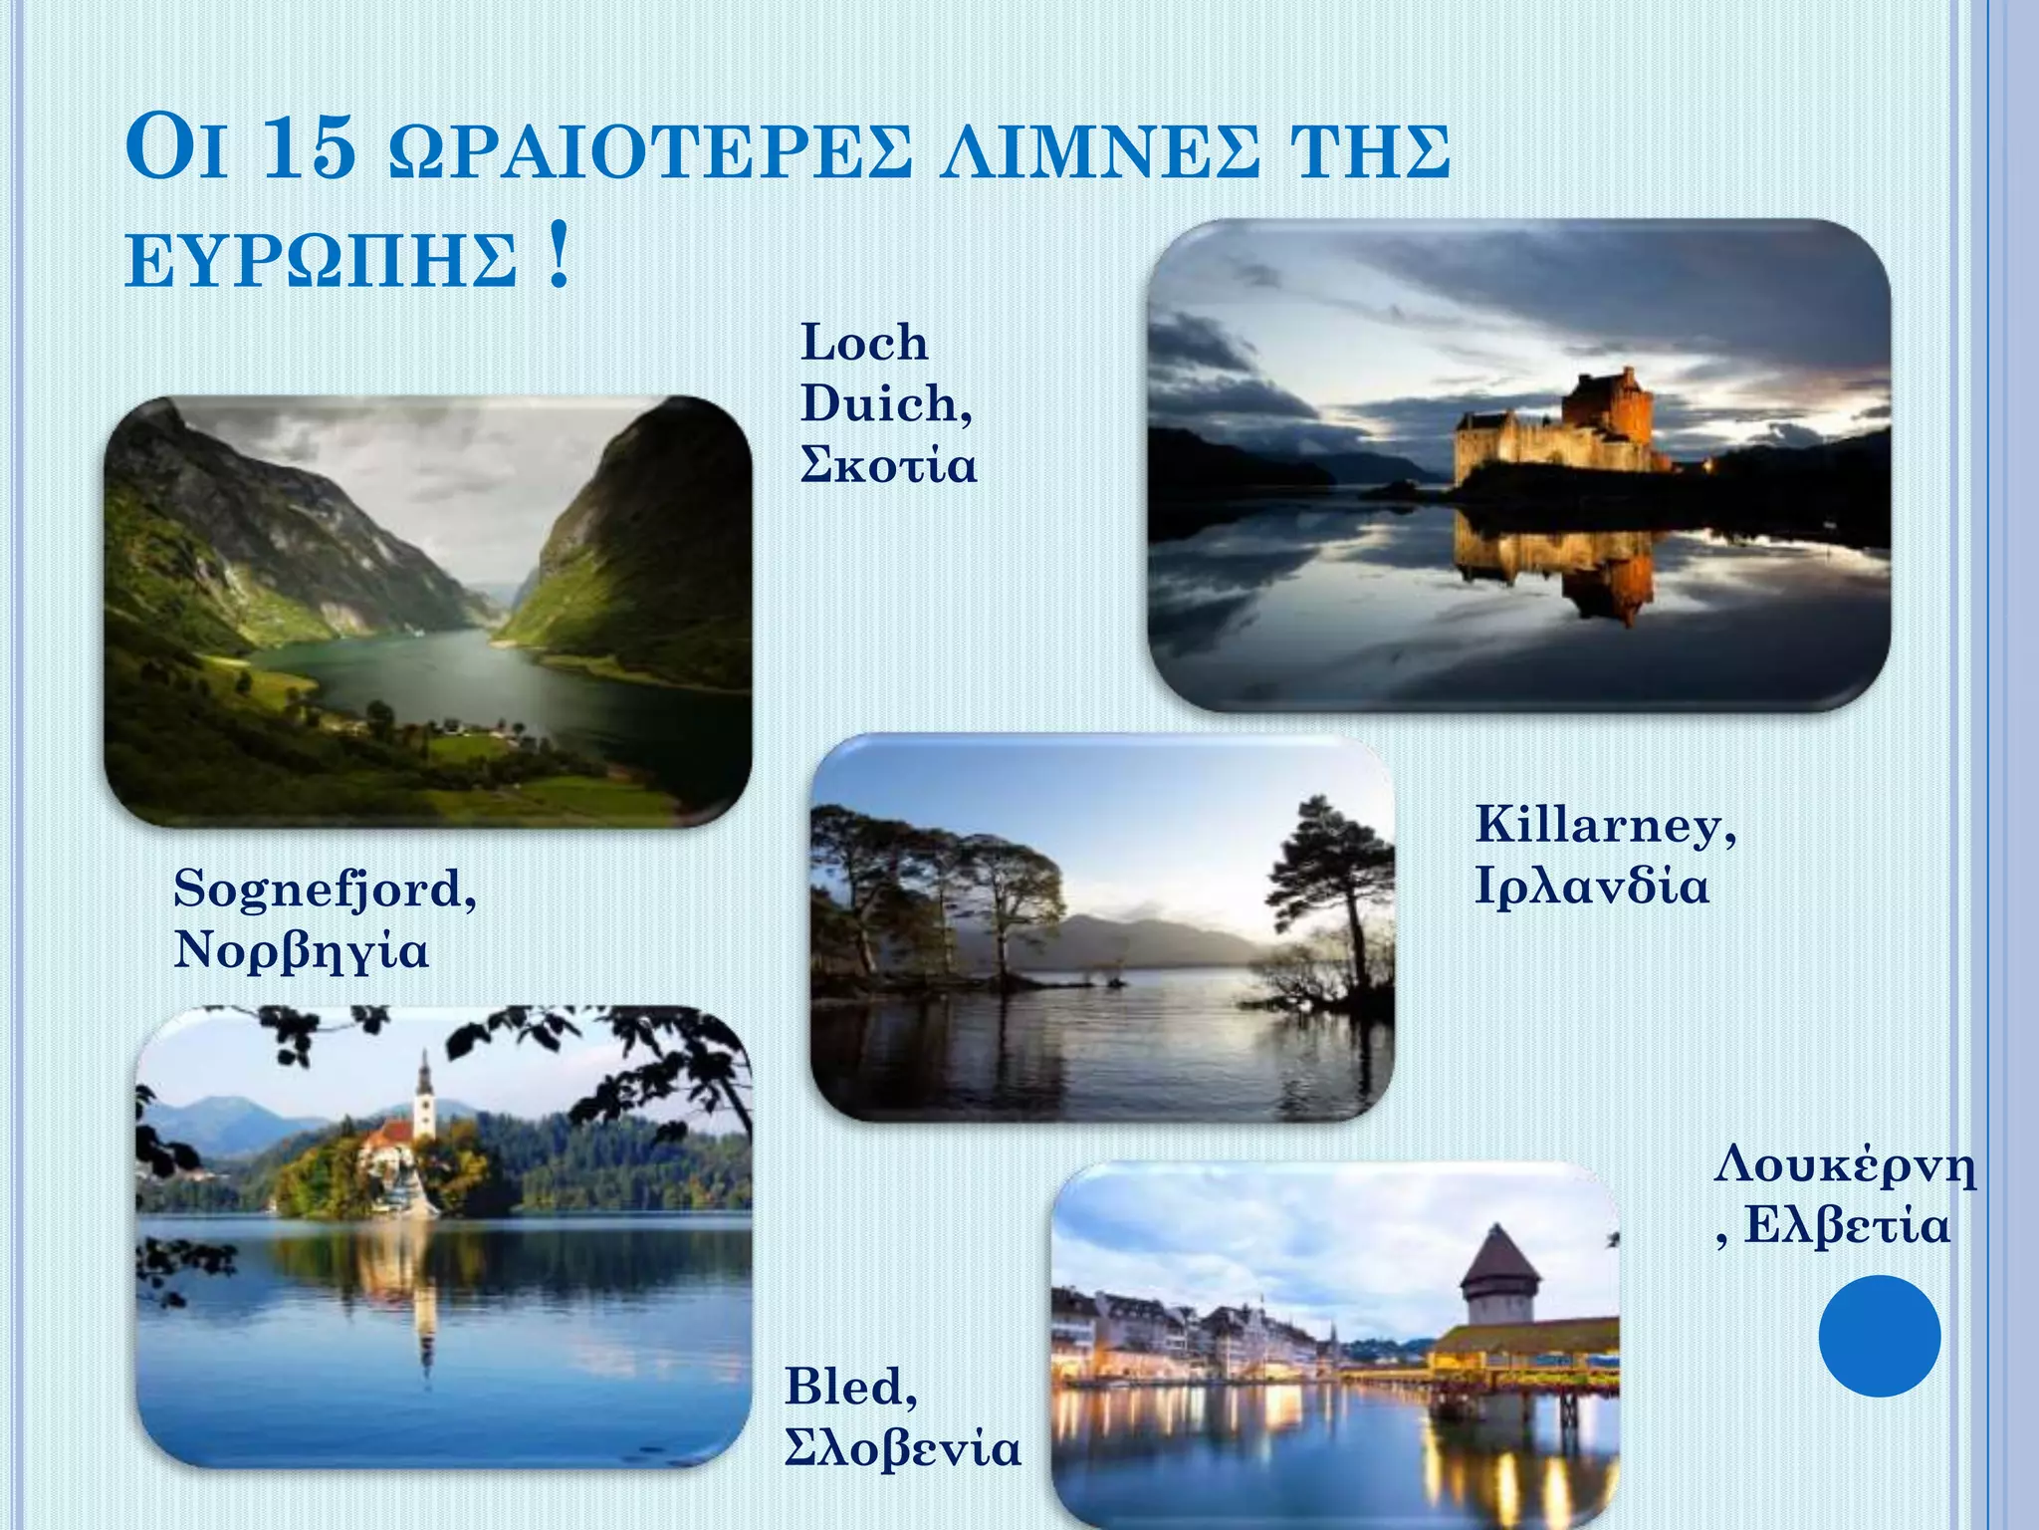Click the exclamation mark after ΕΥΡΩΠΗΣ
coord(559,257)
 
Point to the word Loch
coord(864,343)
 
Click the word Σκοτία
coord(888,465)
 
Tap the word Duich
coord(884,403)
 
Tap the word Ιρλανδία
coord(1591,886)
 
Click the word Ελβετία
coord(1847,1225)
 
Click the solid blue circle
coord(1879,1336)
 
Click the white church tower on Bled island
coord(424,1096)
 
